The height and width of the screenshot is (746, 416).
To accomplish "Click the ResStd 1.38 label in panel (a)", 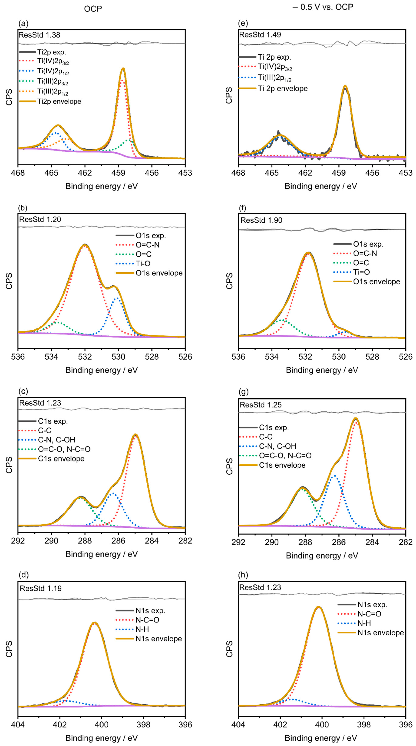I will pyautogui.click(x=39, y=35).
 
